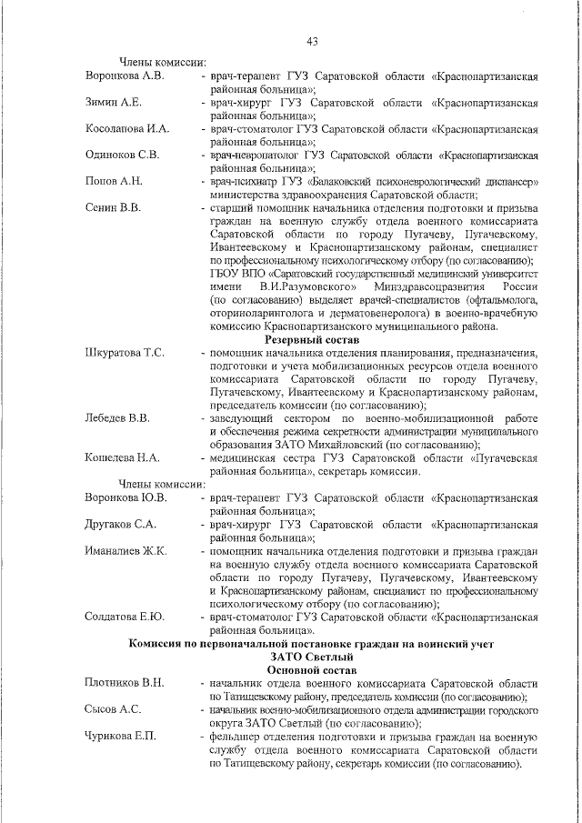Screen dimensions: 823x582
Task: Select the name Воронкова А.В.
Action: click(124, 75)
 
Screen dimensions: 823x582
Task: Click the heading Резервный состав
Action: click(312, 339)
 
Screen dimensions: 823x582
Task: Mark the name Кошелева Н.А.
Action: click(122, 457)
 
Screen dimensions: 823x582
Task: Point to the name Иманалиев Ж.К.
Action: click(125, 550)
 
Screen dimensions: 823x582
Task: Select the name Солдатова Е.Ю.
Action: click(125, 617)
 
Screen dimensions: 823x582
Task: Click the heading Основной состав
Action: click(312, 669)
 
